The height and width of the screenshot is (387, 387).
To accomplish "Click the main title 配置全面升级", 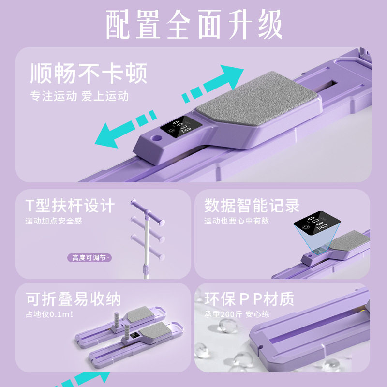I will (193, 24).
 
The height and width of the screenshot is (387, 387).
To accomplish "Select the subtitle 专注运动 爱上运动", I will (79, 96).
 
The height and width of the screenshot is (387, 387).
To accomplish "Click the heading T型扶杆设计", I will (70, 205).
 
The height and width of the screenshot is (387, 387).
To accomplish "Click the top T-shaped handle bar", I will (148, 208).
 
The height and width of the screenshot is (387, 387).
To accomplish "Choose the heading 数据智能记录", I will (252, 205).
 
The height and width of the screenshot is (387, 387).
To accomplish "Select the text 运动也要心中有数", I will (237, 221).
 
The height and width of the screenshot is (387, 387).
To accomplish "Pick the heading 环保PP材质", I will (249, 298).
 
